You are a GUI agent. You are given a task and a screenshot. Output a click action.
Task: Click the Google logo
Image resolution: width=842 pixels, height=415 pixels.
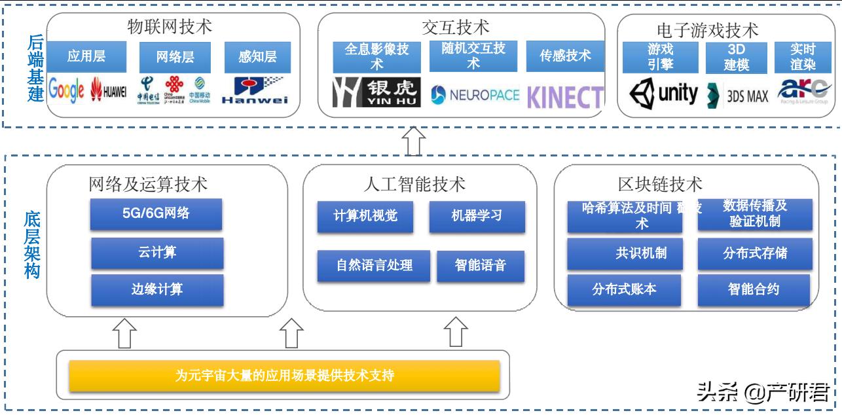(67, 92)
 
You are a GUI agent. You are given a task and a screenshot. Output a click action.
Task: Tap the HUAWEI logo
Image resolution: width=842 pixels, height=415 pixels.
(109, 92)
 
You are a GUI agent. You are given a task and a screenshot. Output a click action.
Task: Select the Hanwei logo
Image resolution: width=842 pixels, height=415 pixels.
(255, 92)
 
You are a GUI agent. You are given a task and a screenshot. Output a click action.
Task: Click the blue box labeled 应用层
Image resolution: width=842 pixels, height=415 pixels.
(86, 57)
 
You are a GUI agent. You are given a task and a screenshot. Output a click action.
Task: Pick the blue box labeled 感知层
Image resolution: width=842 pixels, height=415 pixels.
(257, 57)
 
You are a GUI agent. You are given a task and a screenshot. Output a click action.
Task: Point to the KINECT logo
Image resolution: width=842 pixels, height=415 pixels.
(565, 97)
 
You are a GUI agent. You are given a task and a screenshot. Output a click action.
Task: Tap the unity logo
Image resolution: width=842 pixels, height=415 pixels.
(663, 94)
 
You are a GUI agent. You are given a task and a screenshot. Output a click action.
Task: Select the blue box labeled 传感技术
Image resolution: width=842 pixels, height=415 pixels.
(565, 56)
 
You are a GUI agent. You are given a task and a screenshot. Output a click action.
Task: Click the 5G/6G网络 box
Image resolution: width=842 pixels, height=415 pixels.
(156, 213)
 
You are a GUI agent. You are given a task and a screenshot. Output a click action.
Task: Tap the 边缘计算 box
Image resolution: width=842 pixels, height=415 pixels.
(157, 289)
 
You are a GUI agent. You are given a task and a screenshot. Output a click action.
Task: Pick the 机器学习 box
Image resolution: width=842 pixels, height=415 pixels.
(477, 217)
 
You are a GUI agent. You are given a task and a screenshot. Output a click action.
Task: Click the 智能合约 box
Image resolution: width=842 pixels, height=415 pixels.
(754, 289)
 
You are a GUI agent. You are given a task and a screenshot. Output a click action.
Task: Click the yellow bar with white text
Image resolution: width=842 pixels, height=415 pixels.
(284, 376)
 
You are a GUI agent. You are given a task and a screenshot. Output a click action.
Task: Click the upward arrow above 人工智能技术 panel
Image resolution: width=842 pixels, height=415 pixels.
(414, 141)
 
